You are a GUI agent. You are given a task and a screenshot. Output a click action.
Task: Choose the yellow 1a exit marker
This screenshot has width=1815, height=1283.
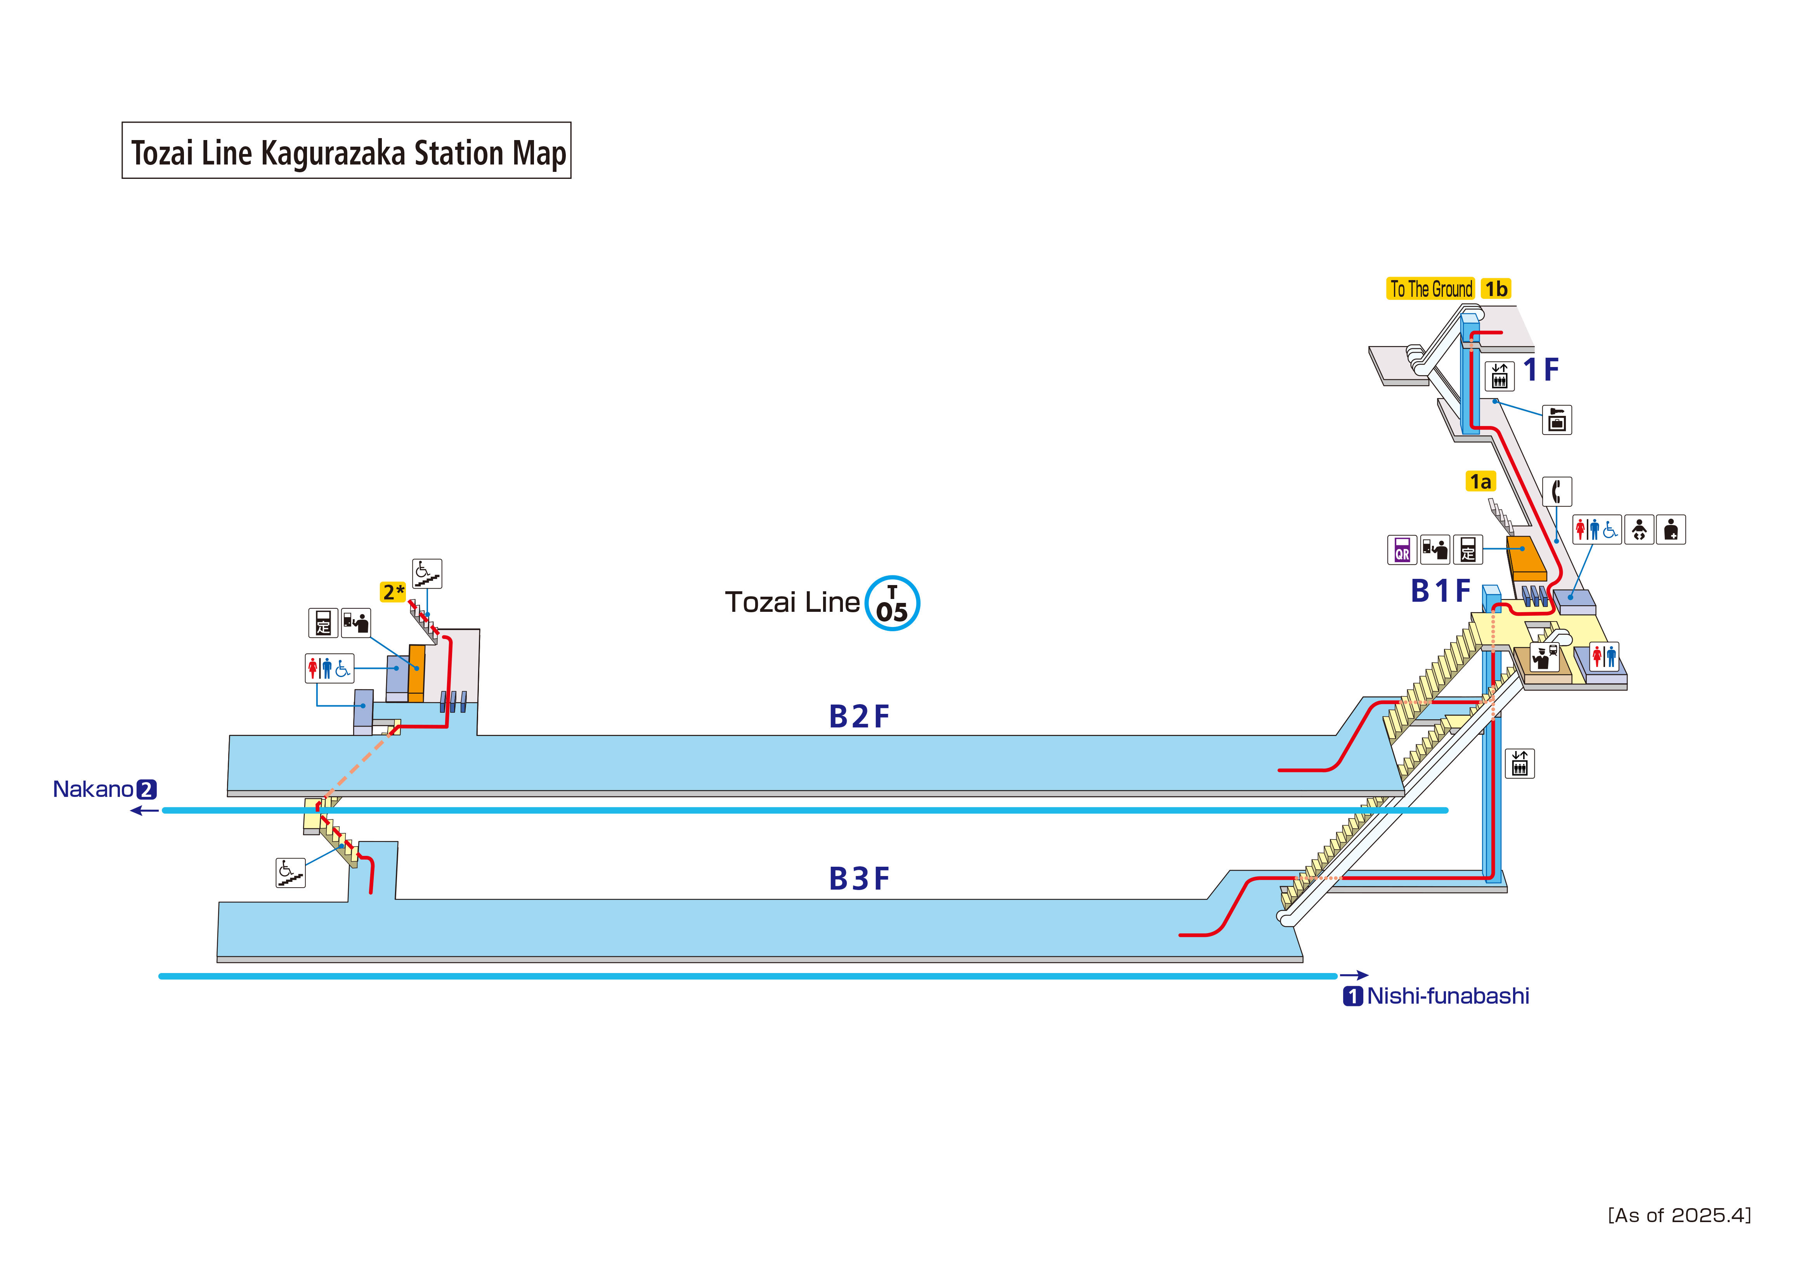point(1480,481)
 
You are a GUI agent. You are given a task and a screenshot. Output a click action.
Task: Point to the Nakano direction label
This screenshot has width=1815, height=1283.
point(93,789)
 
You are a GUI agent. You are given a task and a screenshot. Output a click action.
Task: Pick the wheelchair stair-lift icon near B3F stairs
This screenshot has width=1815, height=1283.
point(290,873)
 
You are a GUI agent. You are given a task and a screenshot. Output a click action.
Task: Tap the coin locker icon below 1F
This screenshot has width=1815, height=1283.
point(1557,420)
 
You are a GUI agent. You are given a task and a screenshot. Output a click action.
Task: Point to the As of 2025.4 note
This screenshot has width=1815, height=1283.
point(1679,1215)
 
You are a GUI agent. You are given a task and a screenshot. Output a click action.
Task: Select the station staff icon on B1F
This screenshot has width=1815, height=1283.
point(1543,657)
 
